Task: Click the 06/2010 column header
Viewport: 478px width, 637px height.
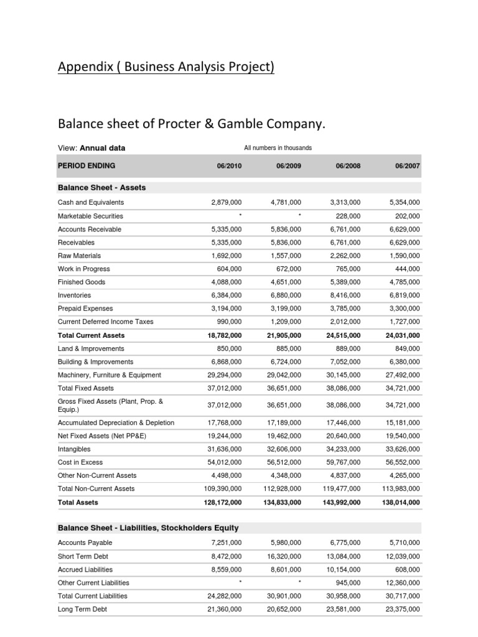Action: [229, 166]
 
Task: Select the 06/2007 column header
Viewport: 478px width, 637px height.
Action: [407, 166]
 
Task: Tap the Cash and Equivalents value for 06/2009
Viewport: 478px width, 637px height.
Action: [286, 203]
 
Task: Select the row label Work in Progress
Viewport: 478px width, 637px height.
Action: [84, 269]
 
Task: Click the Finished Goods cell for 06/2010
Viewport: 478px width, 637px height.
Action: [227, 282]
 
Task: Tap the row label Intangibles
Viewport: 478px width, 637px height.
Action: [74, 449]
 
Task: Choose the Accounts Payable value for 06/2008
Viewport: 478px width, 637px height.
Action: [345, 543]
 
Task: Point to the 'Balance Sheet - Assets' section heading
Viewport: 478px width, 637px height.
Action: [102, 187]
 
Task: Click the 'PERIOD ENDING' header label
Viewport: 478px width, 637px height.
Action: [87, 166]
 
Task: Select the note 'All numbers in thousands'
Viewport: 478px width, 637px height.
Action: [278, 148]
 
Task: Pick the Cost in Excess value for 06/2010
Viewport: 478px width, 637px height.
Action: [224, 462]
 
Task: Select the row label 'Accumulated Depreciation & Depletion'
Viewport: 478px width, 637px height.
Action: [116, 423]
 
